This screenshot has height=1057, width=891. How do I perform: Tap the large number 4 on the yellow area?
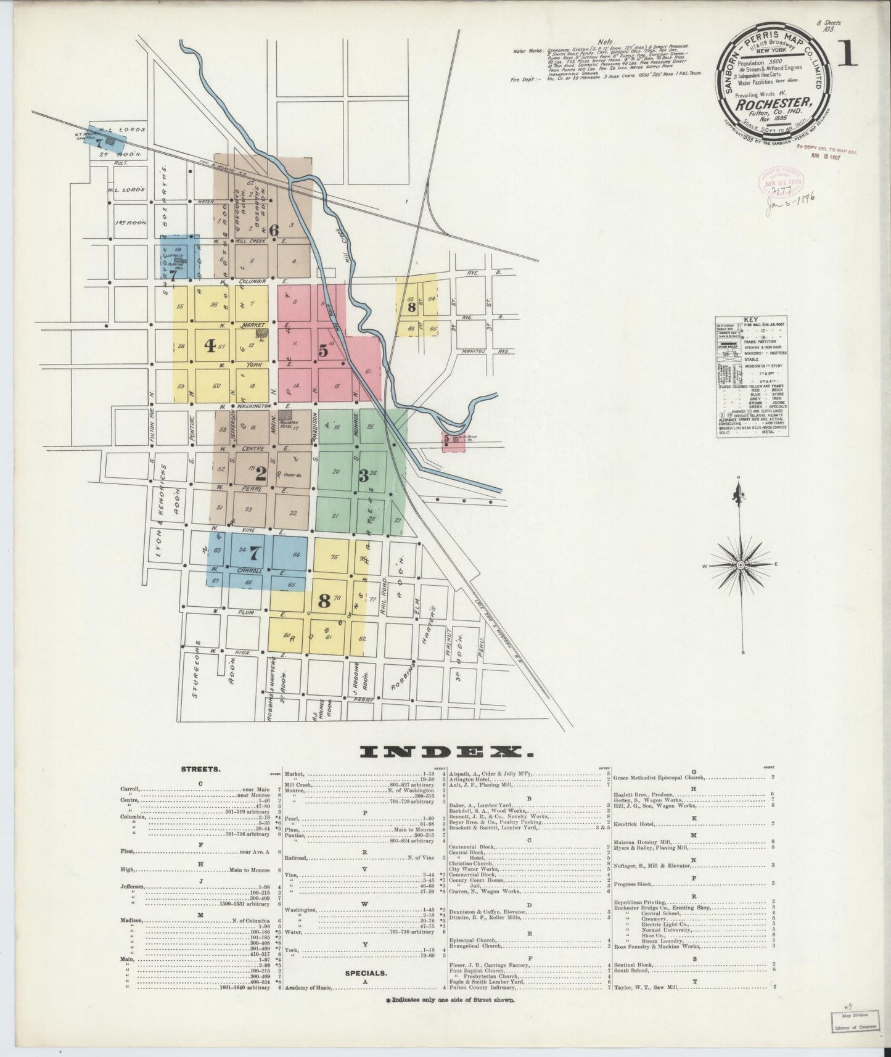pos(210,346)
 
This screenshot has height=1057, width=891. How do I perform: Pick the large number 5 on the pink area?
pos(323,350)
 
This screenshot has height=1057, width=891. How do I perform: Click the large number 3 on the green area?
pos(364,475)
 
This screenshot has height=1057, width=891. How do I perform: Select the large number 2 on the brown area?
pos(261,474)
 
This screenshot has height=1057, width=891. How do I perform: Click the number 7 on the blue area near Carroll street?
pos(256,554)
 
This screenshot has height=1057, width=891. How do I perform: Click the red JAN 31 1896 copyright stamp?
pos(778,184)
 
